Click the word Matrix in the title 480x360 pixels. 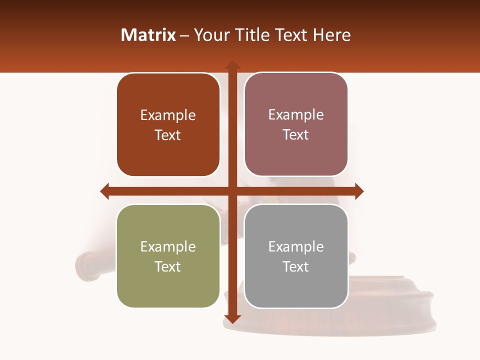148,35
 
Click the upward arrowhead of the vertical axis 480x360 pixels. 232,65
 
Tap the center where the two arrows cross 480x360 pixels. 232,191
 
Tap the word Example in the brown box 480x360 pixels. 168,115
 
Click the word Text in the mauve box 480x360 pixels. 296,135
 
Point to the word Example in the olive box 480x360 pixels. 168,246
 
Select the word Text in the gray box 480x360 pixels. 296,266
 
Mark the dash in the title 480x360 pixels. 184,35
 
